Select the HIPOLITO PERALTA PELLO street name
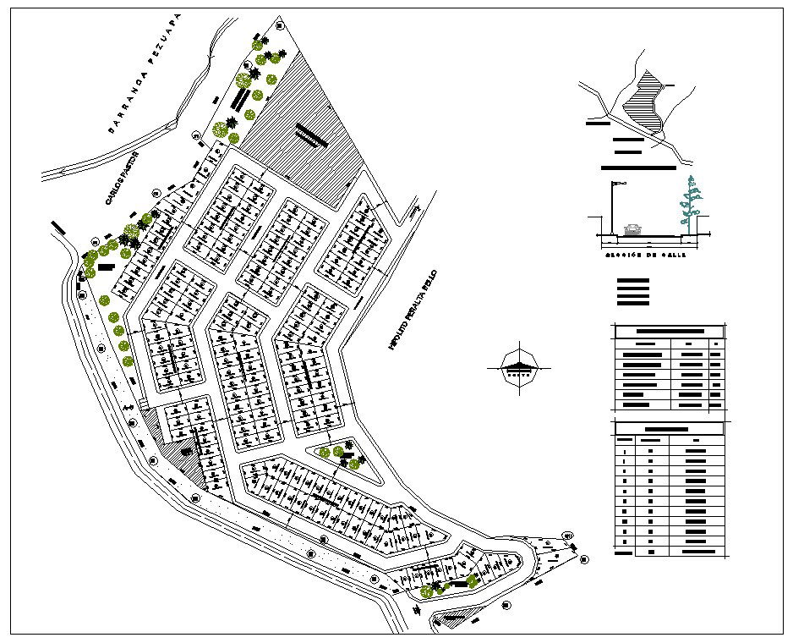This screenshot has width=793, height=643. coord(412,311)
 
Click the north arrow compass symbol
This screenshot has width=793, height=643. coord(518,368)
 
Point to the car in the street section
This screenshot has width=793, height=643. coord(632,229)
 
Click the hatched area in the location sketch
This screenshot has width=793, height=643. coord(646,104)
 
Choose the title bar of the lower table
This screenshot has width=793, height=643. coord(670,428)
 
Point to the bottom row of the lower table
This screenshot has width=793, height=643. coord(670,551)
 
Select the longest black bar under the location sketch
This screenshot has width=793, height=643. coord(638,168)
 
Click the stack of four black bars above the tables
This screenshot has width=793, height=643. coord(633,291)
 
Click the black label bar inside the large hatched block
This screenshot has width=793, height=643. coord(310,136)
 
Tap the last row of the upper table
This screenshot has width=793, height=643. coord(670,405)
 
